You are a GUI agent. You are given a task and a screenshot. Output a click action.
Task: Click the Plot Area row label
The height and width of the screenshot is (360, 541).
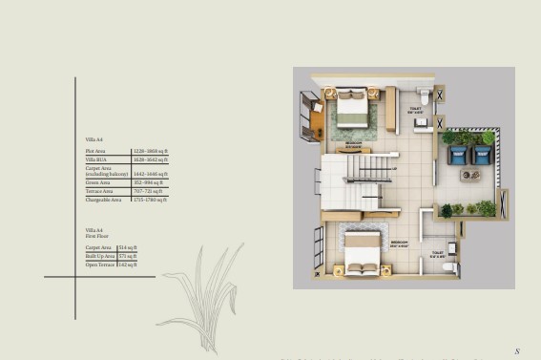click(x=94, y=151)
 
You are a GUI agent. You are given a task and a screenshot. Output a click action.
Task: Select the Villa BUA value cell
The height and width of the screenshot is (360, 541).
click(x=151, y=159)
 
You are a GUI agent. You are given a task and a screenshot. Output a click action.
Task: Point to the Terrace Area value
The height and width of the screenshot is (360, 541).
click(x=149, y=190)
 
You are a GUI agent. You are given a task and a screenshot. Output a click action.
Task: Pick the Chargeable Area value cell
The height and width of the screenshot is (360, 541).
click(x=151, y=200)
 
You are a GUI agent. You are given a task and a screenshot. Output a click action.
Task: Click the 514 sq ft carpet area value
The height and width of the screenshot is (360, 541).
click(x=126, y=247)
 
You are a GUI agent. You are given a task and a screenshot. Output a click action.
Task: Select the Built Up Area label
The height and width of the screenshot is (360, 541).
click(x=99, y=256)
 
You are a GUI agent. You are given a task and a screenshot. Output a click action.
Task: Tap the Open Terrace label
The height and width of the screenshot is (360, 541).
click(x=99, y=265)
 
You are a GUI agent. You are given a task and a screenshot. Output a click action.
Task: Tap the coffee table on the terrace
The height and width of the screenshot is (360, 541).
click(x=471, y=175)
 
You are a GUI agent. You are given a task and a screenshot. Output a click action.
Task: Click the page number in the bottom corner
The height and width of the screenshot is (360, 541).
click(x=516, y=351)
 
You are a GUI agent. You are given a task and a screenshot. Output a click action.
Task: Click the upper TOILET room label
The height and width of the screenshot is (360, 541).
click(x=415, y=109)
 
